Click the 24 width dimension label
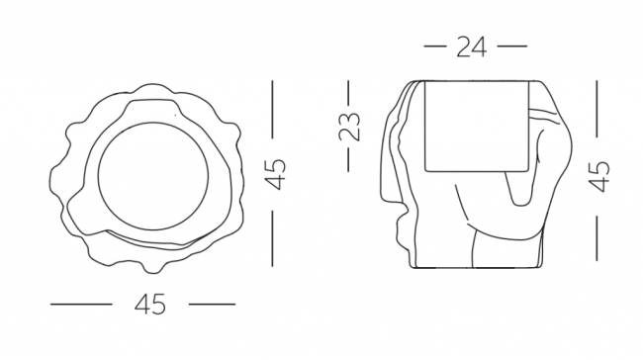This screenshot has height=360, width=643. pos(472,46)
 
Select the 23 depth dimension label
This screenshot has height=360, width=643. pos(349,127)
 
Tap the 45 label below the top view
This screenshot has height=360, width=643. pos(150,305)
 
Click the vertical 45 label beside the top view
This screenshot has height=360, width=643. pos(275,174)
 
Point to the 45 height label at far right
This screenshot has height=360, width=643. pos(599,176)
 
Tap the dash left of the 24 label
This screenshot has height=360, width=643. pos(434,46)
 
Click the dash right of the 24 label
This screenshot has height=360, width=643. pos(512,46)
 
